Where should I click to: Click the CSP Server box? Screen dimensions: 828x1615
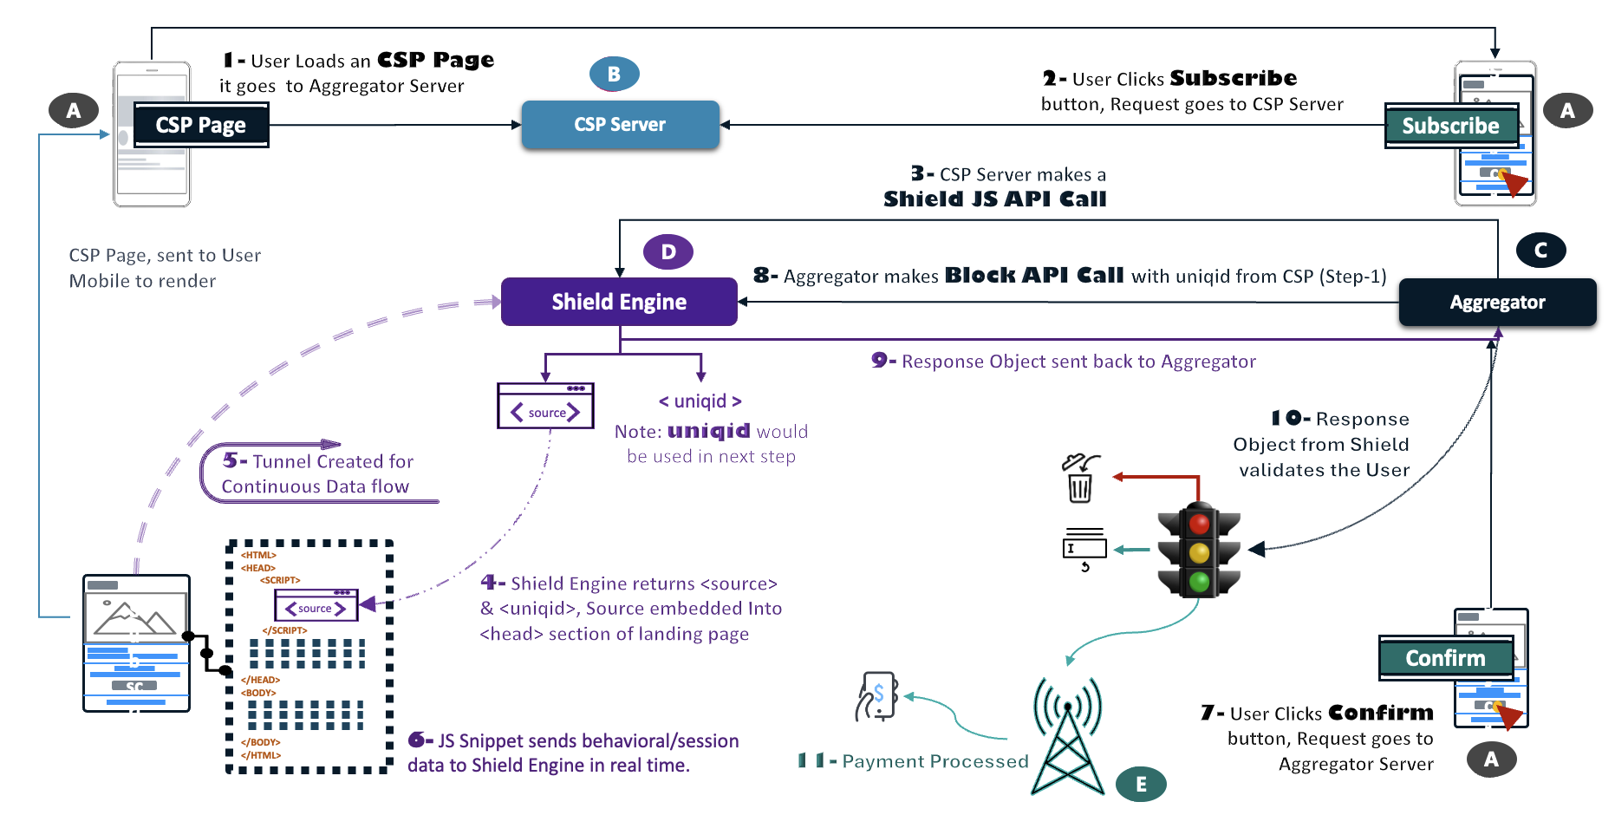(x=620, y=125)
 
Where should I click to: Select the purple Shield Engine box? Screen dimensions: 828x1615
(x=619, y=302)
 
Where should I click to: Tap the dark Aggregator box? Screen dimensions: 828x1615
(x=1497, y=303)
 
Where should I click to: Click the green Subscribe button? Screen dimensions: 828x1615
(x=1450, y=126)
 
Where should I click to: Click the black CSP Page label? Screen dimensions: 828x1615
(x=200, y=125)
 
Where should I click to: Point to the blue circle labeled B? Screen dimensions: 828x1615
(x=614, y=75)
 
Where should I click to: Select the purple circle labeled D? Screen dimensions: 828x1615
(x=667, y=252)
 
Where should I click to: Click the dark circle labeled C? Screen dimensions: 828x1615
(x=1540, y=251)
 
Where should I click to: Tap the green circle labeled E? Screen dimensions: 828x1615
(x=1141, y=785)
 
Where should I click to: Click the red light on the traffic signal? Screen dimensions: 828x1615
(x=1199, y=524)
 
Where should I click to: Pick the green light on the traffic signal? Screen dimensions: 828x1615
(x=1199, y=581)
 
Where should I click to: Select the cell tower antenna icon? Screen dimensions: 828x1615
(x=1068, y=737)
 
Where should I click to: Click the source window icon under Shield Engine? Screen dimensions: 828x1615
(x=545, y=406)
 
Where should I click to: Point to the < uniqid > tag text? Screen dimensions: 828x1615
(x=700, y=401)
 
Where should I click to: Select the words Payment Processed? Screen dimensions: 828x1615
(x=934, y=761)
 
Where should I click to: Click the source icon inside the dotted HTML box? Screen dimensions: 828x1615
(x=316, y=605)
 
